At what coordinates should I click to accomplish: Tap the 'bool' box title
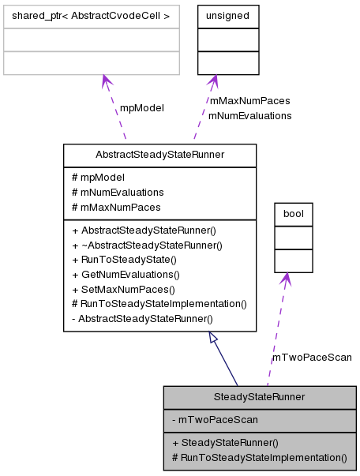pyautogui.click(x=293, y=213)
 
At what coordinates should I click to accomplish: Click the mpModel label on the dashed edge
pyautogui.click(x=141, y=108)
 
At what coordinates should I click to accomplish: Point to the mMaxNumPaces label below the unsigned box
pyautogui.click(x=249, y=101)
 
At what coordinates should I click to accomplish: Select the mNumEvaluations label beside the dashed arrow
pyautogui.click(x=249, y=115)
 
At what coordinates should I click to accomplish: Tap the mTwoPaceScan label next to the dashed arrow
pyautogui.click(x=312, y=358)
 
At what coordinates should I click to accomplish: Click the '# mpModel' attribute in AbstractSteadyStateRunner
pyautogui.click(x=98, y=178)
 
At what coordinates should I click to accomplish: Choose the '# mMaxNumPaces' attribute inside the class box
pyautogui.click(x=116, y=207)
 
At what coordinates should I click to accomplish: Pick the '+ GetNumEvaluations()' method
pyautogui.click(x=126, y=275)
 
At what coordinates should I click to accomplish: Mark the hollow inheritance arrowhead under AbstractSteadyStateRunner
pyautogui.click(x=214, y=338)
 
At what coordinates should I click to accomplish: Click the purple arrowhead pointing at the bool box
pyautogui.click(x=286, y=279)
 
